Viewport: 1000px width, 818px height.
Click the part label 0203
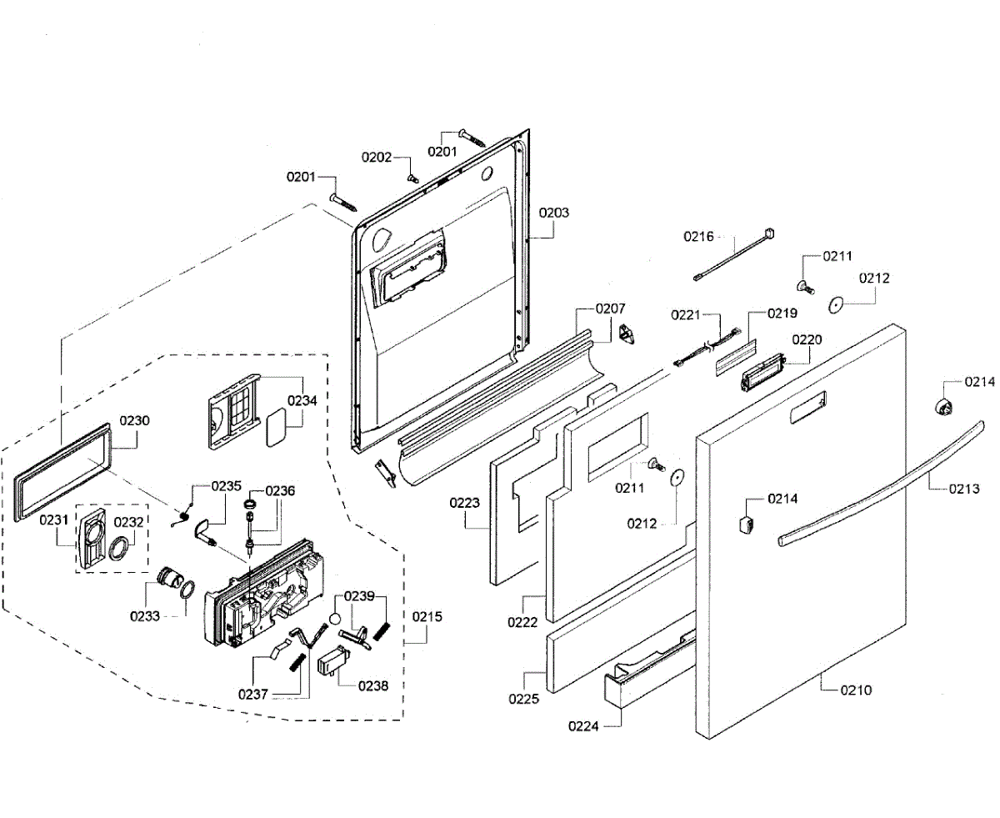click(554, 213)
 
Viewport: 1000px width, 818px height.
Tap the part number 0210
click(856, 690)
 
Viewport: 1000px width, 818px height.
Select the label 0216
click(698, 236)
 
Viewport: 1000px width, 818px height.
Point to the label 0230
click(134, 420)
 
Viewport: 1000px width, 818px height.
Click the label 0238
click(373, 686)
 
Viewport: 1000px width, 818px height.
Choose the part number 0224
click(583, 726)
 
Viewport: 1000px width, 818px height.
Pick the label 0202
click(377, 157)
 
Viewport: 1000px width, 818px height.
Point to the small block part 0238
click(332, 660)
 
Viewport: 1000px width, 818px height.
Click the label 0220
click(807, 339)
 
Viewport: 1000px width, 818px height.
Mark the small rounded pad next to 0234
click(277, 429)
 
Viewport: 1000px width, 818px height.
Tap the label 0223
click(464, 503)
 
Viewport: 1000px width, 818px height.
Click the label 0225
click(523, 699)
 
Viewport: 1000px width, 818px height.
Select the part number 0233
click(145, 616)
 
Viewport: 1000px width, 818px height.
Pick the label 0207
click(610, 309)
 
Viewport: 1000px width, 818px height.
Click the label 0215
click(427, 617)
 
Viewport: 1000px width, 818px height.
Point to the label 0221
click(686, 315)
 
